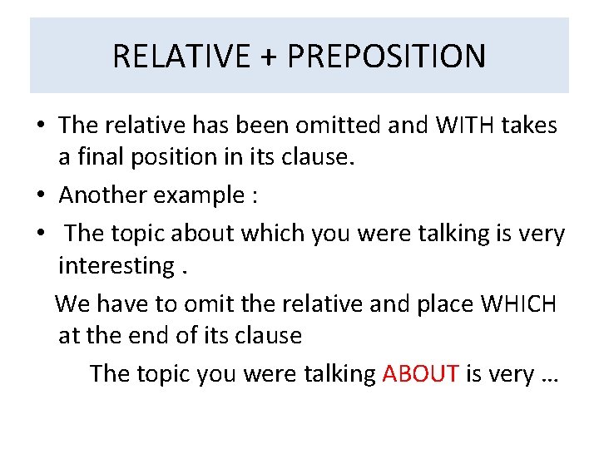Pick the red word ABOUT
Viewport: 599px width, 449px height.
click(x=420, y=373)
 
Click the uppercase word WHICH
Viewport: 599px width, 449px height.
click(x=518, y=303)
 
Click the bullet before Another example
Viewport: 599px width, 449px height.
click(x=39, y=196)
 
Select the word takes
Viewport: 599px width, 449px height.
click(x=529, y=126)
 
